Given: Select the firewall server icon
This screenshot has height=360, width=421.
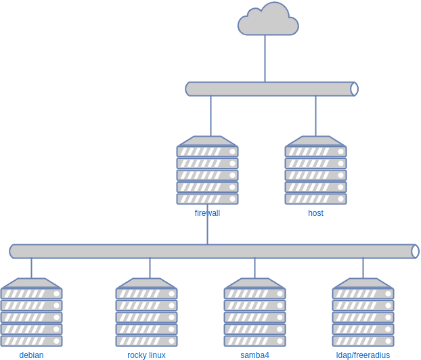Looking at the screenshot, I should [207, 171].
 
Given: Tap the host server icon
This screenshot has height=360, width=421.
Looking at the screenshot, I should [315, 171].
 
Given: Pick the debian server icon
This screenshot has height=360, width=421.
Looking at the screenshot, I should [32, 313].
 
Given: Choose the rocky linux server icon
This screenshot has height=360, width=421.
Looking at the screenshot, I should [146, 313].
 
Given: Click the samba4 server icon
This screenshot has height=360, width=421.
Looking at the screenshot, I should [254, 313].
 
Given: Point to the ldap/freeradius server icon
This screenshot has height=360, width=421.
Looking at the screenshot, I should [363, 313].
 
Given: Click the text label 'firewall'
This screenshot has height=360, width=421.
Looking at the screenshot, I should [207, 213].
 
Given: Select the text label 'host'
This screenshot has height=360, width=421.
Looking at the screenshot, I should [315, 213].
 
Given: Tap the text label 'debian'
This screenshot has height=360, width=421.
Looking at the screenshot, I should [32, 355].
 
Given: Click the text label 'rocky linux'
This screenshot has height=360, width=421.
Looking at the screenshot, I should [146, 355].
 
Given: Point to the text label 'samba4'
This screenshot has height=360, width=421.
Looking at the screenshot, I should [254, 355].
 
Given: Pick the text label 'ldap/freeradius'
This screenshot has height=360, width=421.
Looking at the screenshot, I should [363, 355].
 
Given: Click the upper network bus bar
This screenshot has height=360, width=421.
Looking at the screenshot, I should [271, 89].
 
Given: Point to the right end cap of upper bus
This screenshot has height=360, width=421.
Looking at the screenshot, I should [355, 89].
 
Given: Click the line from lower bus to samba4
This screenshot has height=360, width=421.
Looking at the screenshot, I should [254, 268].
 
